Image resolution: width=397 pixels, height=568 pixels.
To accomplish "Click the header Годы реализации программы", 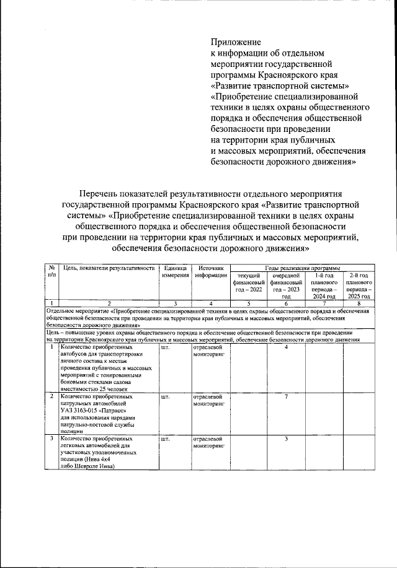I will pyautogui.click(x=301, y=267).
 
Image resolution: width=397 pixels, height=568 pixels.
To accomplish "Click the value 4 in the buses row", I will pyautogui.click(x=286, y=347).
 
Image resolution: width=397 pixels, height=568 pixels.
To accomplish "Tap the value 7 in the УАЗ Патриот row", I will pyautogui.click(x=286, y=396).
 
